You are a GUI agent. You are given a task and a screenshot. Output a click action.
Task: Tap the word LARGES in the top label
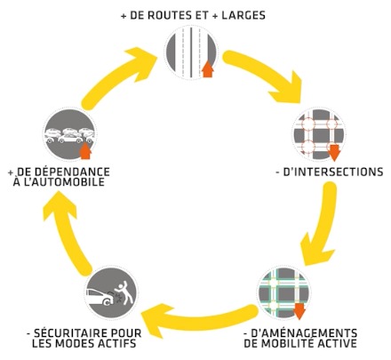pos(243,15)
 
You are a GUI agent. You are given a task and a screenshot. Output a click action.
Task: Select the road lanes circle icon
pos(191,52)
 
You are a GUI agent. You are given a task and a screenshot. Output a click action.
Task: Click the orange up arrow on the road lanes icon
pos(208,69)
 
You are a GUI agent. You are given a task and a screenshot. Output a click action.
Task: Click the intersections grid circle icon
pos(319,134)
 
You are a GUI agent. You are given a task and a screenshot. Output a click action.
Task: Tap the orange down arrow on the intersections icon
pos(334,153)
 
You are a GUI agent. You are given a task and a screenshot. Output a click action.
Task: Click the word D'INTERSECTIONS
pos(333,172)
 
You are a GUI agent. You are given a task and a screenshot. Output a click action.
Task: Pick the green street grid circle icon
pos(283,293)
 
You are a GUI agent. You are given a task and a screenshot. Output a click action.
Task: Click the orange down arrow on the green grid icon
pos(299,311)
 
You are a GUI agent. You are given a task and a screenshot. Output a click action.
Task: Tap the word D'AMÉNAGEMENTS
pos(304,333)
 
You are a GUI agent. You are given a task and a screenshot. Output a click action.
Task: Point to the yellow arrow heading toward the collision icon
pos(198,319)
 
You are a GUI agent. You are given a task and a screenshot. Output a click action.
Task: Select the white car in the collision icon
pos(100,296)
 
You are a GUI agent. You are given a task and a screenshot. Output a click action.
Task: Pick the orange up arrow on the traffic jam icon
pos(85,151)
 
